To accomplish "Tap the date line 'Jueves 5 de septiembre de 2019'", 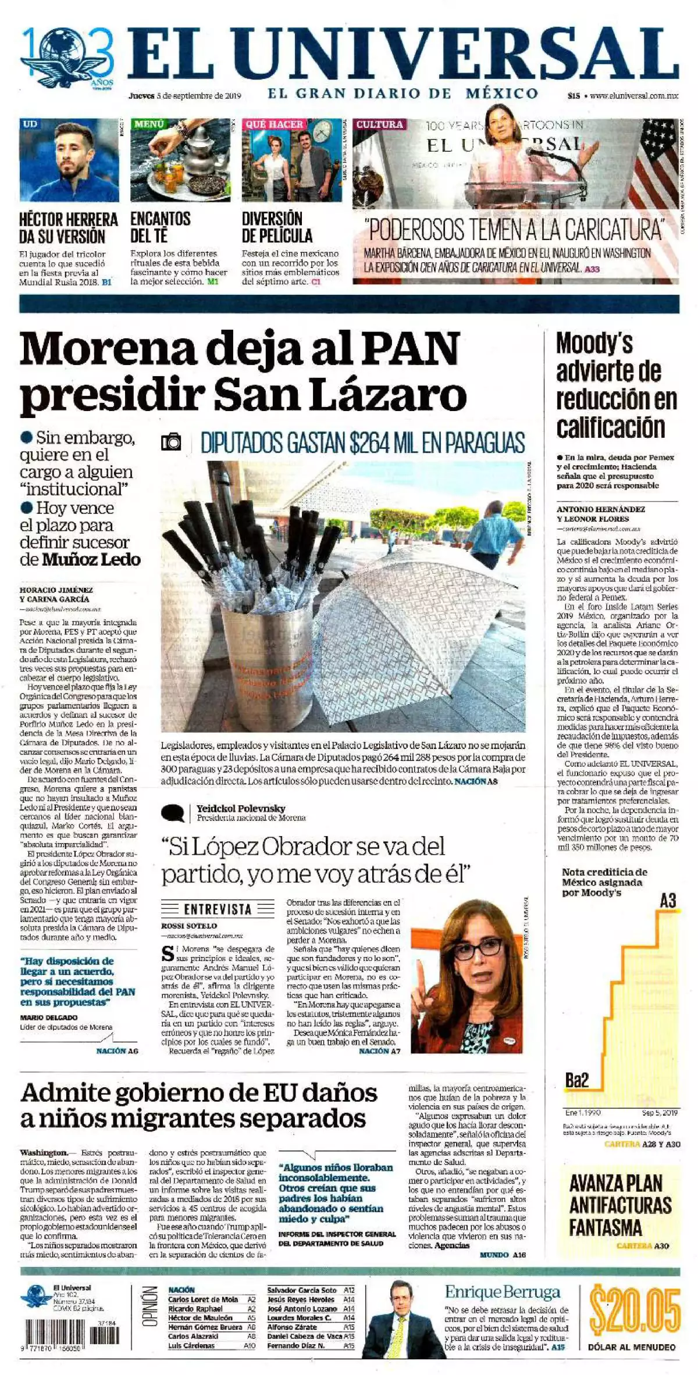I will click(x=184, y=96).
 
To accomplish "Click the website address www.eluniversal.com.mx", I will click(x=634, y=96).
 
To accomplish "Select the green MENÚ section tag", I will click(x=150, y=124).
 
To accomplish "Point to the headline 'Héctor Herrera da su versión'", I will click(x=69, y=227).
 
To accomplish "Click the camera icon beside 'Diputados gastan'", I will click(x=172, y=443).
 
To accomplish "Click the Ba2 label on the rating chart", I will click(x=577, y=1081).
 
